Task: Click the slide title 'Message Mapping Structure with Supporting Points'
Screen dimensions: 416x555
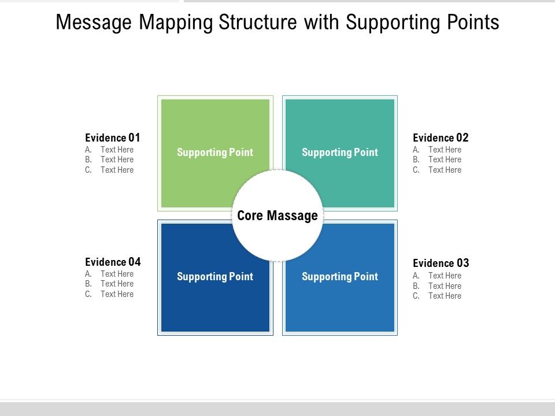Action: coord(277,23)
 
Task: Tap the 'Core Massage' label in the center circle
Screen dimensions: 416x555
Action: coord(277,216)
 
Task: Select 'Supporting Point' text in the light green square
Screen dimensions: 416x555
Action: coord(215,153)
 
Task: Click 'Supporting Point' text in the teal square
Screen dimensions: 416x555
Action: coord(340,153)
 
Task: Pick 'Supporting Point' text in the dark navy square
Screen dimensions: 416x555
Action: coord(215,277)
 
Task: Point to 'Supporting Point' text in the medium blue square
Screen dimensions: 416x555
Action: coord(340,277)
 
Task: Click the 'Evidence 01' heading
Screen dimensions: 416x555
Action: coord(113,138)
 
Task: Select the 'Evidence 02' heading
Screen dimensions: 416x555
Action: coord(441,138)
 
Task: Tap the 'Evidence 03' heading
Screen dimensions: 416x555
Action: coord(441,263)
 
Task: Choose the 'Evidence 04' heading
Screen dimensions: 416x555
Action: coord(113,262)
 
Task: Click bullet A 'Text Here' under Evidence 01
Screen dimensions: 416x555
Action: coord(117,150)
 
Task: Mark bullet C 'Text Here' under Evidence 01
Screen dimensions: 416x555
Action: coord(117,170)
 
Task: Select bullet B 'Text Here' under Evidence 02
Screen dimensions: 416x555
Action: coord(445,159)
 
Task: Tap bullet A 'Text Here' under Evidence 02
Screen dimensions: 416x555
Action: coord(445,150)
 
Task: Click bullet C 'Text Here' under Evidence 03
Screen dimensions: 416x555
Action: coord(445,296)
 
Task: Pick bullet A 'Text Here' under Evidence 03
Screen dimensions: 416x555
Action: coord(445,276)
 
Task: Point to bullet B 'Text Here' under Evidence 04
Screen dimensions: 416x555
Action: coord(117,284)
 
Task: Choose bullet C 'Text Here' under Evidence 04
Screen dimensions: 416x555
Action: coord(117,294)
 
